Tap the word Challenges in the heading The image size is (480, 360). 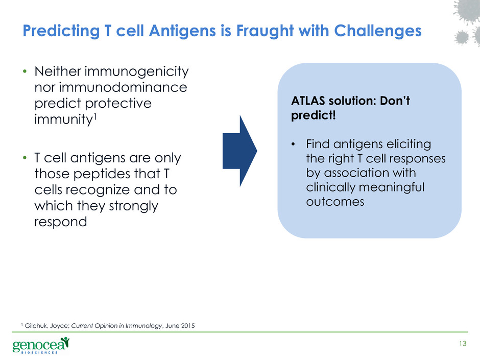pyautogui.click(x=378, y=31)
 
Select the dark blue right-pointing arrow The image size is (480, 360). pyautogui.click(x=239, y=151)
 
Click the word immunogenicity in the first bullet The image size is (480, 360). pyautogui.click(x=136, y=72)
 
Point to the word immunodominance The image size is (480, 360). pyautogui.click(x=123, y=87)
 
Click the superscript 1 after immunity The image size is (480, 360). pyautogui.click(x=95, y=116)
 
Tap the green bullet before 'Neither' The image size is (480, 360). pyautogui.click(x=25, y=71)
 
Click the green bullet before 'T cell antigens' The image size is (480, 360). pyautogui.click(x=25, y=158)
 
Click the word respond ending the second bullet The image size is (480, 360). pyautogui.click(x=61, y=222)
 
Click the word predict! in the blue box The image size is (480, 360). pyautogui.click(x=314, y=115)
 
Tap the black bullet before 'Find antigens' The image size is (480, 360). pyautogui.click(x=293, y=144)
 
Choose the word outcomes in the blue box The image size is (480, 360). pyautogui.click(x=335, y=202)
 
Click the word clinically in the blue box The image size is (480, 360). pyautogui.click(x=330, y=187)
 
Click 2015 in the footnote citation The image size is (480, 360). pyautogui.click(x=187, y=326)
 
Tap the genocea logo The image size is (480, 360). pyautogui.click(x=41, y=345)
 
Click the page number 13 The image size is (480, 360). pyautogui.click(x=463, y=344)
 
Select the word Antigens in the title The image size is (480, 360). pyautogui.click(x=182, y=31)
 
